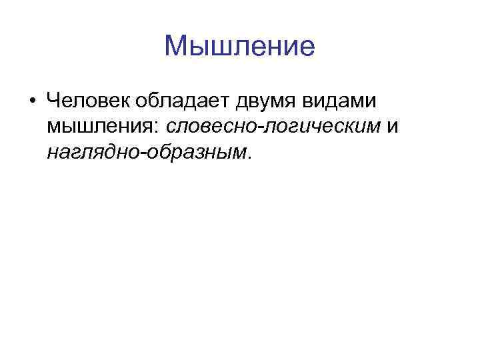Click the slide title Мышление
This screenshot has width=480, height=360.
(x=239, y=47)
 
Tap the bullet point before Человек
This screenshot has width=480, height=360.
(x=31, y=102)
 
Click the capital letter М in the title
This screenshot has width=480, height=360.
(x=175, y=47)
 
